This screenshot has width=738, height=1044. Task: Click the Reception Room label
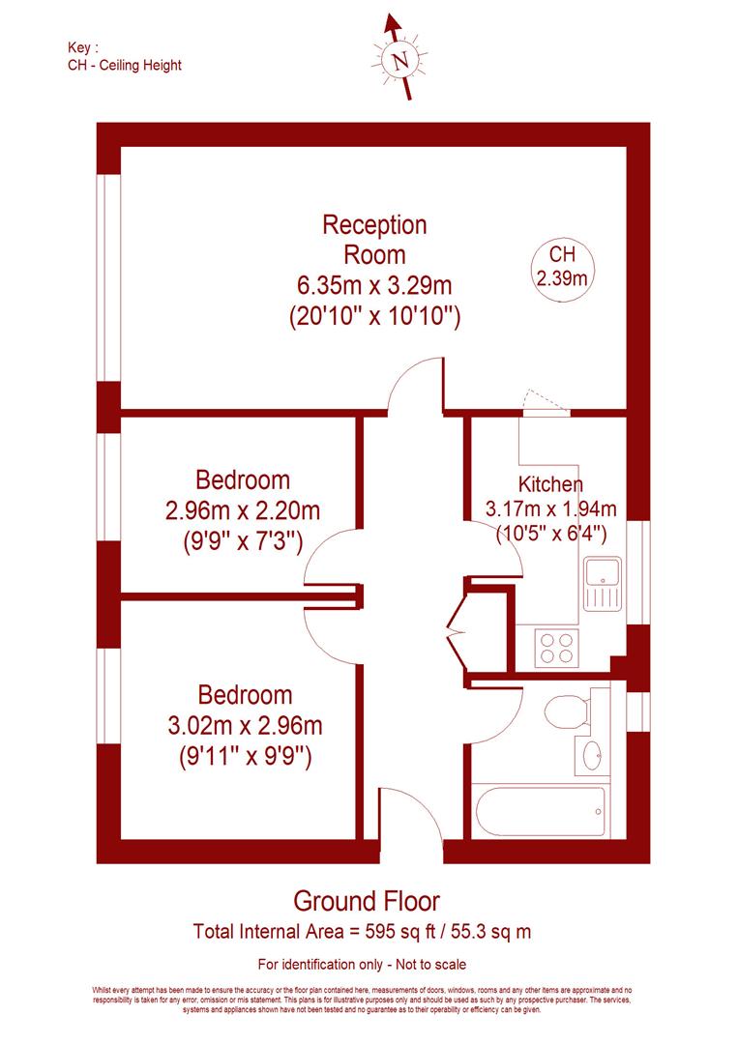click(374, 240)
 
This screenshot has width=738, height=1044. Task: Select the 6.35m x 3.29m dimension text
click(374, 285)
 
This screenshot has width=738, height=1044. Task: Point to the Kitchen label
click(550, 484)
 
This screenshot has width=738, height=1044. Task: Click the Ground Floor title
click(367, 902)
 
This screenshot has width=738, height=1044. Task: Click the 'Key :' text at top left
click(83, 47)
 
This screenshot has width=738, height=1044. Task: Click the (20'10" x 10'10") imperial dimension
click(374, 315)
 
